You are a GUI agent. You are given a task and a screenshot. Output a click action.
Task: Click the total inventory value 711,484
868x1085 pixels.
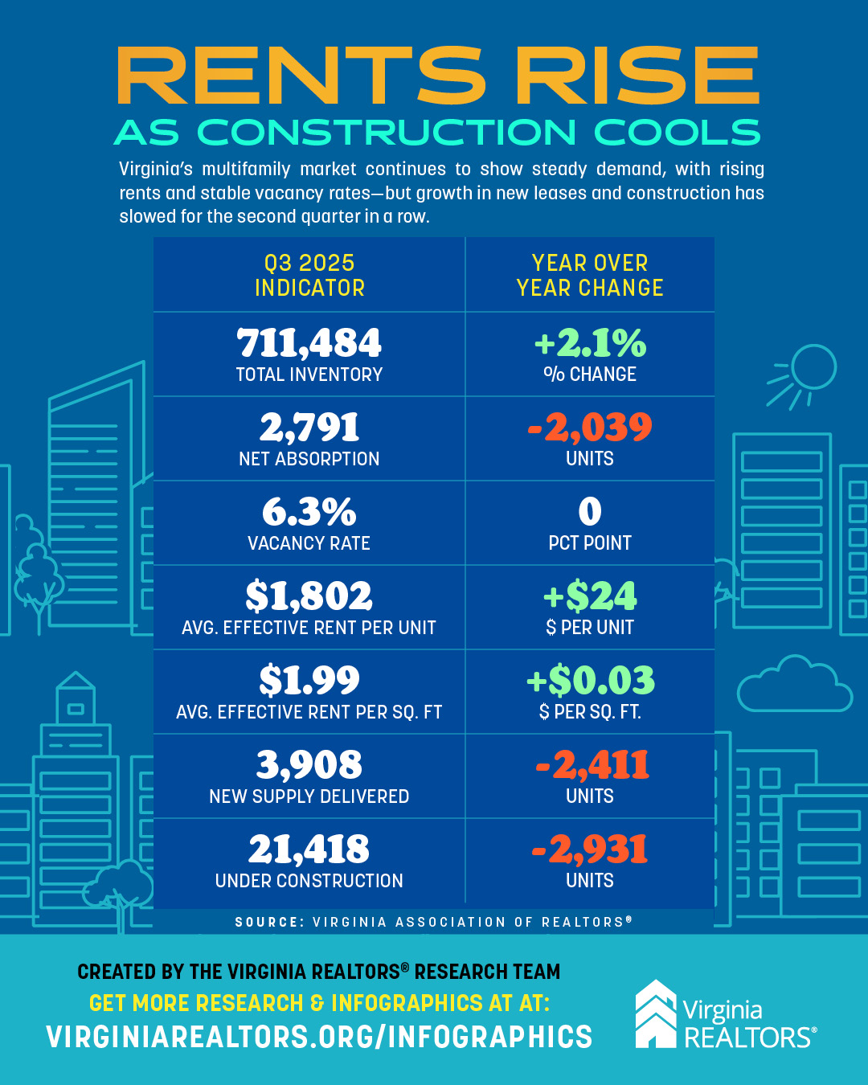point(309,343)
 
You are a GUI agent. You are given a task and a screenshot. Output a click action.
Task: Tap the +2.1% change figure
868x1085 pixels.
point(590,343)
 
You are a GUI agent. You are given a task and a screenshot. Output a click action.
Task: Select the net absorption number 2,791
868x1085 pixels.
point(309,428)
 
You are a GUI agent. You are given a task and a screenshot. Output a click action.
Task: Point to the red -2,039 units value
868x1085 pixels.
point(590,428)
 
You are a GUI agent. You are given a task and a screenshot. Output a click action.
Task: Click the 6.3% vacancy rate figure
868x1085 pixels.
point(309,512)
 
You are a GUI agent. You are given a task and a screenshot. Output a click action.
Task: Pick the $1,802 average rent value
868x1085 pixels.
point(309,596)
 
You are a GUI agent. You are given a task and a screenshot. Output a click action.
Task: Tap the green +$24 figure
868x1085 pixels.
point(590,596)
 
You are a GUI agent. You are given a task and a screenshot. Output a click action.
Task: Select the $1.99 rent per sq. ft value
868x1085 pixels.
point(309,681)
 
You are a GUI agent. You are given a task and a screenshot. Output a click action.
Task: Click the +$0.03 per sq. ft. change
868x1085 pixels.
point(590,681)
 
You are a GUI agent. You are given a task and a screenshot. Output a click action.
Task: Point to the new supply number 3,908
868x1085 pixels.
point(309,765)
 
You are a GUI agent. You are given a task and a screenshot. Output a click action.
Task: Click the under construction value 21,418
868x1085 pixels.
point(309,850)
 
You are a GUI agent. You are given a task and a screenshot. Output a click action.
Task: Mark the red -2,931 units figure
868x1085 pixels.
point(590,850)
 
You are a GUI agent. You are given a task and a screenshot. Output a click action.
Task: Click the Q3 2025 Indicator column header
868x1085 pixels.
point(309,275)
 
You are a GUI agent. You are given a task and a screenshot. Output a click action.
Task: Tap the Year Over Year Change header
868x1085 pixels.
point(590,275)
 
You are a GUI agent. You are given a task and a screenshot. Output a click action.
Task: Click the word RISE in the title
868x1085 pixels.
point(637,76)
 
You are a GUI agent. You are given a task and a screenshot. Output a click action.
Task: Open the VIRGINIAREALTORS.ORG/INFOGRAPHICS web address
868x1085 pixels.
point(319,1037)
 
